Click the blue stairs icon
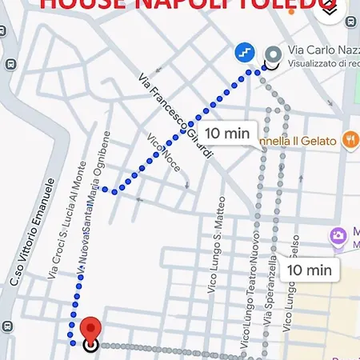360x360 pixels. coord(246,52)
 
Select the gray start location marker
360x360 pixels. coord(274,54)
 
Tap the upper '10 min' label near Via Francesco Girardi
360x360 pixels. coord(227,133)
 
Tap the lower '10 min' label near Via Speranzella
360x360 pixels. coord(308,270)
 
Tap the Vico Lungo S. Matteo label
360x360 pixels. coord(214,247)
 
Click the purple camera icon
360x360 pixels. coord(338,236)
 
